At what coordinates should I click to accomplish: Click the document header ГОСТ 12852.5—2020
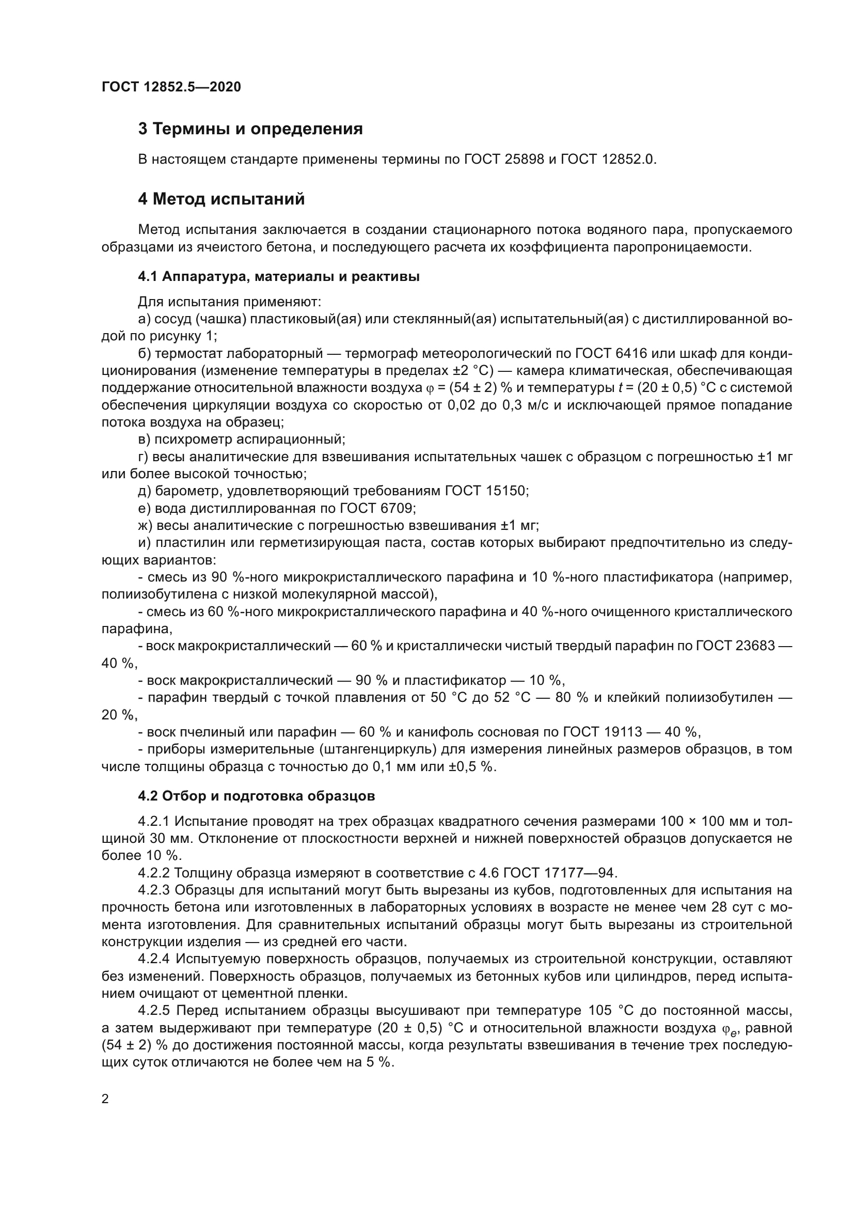click(171, 87)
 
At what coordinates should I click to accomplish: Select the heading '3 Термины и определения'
click(250, 129)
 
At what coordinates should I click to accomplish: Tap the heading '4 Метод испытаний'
click(222, 199)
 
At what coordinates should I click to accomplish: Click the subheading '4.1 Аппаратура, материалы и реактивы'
click(279, 277)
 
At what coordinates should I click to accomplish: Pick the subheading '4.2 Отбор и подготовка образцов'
click(257, 796)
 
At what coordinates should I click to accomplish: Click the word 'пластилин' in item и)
click(186, 542)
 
